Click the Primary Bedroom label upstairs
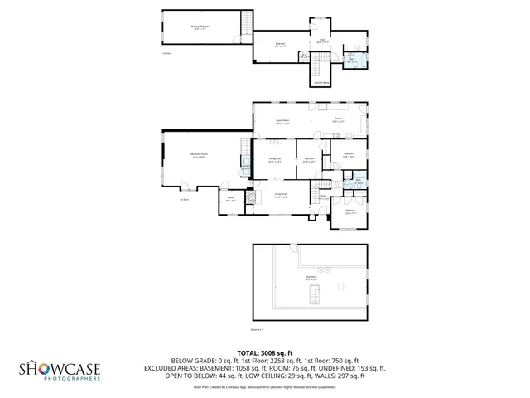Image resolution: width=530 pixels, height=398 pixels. click(x=199, y=27)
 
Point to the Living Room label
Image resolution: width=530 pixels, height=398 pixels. click(x=281, y=196)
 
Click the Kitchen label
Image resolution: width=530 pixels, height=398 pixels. click(x=339, y=120)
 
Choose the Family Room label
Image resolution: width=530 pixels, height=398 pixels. click(x=282, y=121)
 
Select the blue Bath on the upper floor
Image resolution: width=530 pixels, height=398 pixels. click(x=352, y=60)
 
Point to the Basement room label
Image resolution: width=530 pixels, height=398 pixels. click(x=311, y=278)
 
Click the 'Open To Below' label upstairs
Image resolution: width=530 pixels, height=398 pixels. click(x=321, y=82)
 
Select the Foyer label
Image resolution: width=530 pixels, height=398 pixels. click(x=325, y=197)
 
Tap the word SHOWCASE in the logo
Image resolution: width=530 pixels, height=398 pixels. click(x=60, y=368)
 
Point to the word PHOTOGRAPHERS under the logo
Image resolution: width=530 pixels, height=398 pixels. click(x=73, y=379)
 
